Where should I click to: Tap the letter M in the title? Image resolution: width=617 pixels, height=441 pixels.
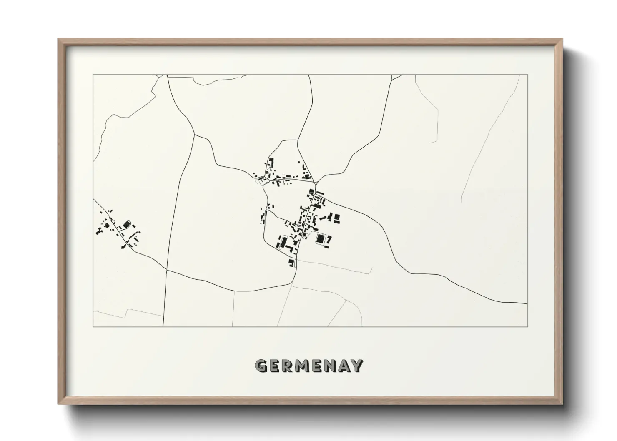[303, 366]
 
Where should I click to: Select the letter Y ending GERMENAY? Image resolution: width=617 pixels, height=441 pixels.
[357, 366]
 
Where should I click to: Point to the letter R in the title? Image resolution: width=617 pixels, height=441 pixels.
[288, 366]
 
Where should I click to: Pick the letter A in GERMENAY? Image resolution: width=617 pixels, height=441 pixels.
[344, 366]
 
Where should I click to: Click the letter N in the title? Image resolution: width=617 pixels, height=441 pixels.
[330, 366]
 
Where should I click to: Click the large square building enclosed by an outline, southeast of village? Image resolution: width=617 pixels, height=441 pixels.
[321, 239]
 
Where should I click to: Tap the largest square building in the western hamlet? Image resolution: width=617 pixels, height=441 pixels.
[127, 226]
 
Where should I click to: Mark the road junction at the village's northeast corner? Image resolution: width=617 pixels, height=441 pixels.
[316, 183]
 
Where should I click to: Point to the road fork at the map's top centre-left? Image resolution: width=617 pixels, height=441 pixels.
[194, 134]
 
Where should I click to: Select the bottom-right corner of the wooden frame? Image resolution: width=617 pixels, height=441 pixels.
[562, 403]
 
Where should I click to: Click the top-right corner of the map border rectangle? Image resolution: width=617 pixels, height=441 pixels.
[528, 75]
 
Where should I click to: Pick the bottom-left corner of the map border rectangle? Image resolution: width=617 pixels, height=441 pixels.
[93, 326]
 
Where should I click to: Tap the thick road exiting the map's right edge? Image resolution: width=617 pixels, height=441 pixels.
[517, 303]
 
